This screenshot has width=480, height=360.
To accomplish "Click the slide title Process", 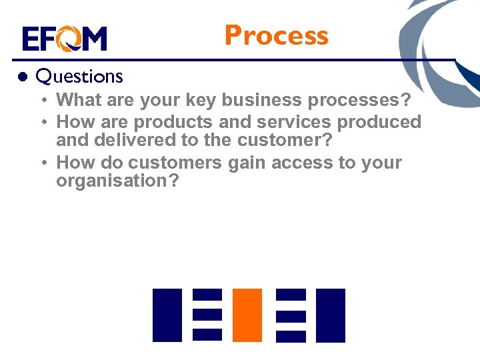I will click(276, 35).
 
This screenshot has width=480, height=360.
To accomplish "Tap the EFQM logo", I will click(64, 39).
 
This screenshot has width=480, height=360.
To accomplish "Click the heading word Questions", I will click(79, 77).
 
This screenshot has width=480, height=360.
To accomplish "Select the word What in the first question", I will click(77, 101).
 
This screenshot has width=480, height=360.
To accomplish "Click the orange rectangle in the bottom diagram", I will click(247, 315).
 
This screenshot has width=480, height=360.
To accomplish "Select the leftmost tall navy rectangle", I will click(167, 315).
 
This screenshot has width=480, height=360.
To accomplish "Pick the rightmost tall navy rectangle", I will click(330, 315).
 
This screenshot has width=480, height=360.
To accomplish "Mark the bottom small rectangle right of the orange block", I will click(291, 335).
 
